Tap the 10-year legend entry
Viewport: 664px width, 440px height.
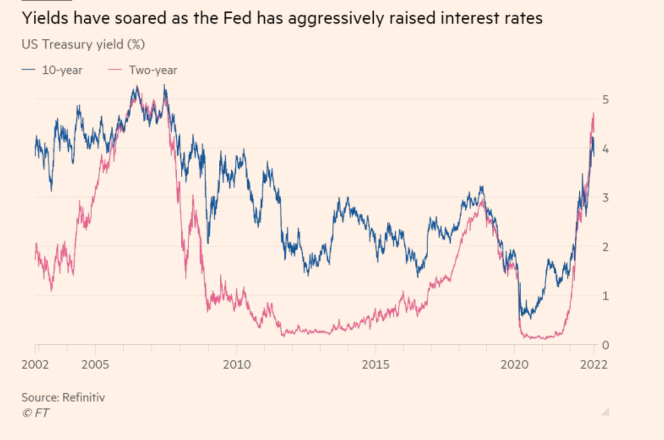[62, 70]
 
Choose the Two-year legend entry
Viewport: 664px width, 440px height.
[152, 70]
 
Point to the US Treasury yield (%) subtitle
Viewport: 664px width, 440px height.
[83, 44]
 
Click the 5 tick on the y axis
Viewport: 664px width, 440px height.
[605, 100]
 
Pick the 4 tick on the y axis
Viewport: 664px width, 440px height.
[605, 149]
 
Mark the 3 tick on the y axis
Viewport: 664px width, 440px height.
[605, 198]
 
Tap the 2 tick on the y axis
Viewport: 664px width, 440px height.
[605, 247]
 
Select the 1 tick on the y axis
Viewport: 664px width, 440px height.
[605, 296]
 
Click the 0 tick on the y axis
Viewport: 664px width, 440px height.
[605, 345]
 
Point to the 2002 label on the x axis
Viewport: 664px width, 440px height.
[35, 364]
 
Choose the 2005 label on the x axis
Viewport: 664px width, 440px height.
[95, 364]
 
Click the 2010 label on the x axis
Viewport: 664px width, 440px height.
[237, 364]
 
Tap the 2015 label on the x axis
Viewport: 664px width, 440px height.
[376, 364]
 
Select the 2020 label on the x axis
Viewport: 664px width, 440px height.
[514, 364]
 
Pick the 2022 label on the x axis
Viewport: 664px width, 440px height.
[593, 364]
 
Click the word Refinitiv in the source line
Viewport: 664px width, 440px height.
[84, 397]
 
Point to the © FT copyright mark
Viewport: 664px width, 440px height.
[35, 413]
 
